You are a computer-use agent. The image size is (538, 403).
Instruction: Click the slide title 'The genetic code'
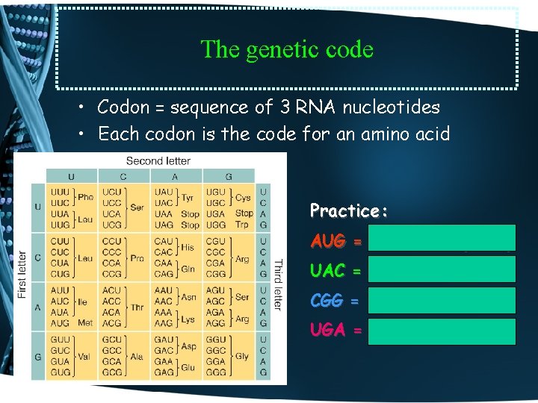click(x=287, y=49)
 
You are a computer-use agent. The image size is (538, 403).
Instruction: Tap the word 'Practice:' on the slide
click(x=348, y=210)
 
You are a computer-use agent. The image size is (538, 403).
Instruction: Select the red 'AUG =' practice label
click(x=336, y=242)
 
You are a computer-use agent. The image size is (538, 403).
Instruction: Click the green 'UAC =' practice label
click(x=336, y=272)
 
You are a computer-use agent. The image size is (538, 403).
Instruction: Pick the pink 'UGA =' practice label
click(x=336, y=330)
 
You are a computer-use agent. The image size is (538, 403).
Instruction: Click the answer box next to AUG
click(x=441, y=238)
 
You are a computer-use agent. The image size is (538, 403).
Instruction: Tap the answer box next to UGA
click(x=441, y=331)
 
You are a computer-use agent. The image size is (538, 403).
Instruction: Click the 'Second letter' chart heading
click(x=158, y=160)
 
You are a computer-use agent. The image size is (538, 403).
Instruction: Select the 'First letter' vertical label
click(x=22, y=274)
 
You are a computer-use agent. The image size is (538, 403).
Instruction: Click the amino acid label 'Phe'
click(x=86, y=197)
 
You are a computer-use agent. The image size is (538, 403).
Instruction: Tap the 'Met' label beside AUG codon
click(x=86, y=322)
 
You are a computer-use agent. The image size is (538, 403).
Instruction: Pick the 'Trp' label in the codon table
click(x=241, y=225)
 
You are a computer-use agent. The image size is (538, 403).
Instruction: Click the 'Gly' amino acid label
click(x=243, y=357)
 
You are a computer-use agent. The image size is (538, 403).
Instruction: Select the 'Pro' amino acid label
click(x=137, y=257)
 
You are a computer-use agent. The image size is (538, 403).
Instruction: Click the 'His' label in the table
click(x=188, y=246)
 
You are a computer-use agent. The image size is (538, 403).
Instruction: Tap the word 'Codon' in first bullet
click(x=123, y=107)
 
